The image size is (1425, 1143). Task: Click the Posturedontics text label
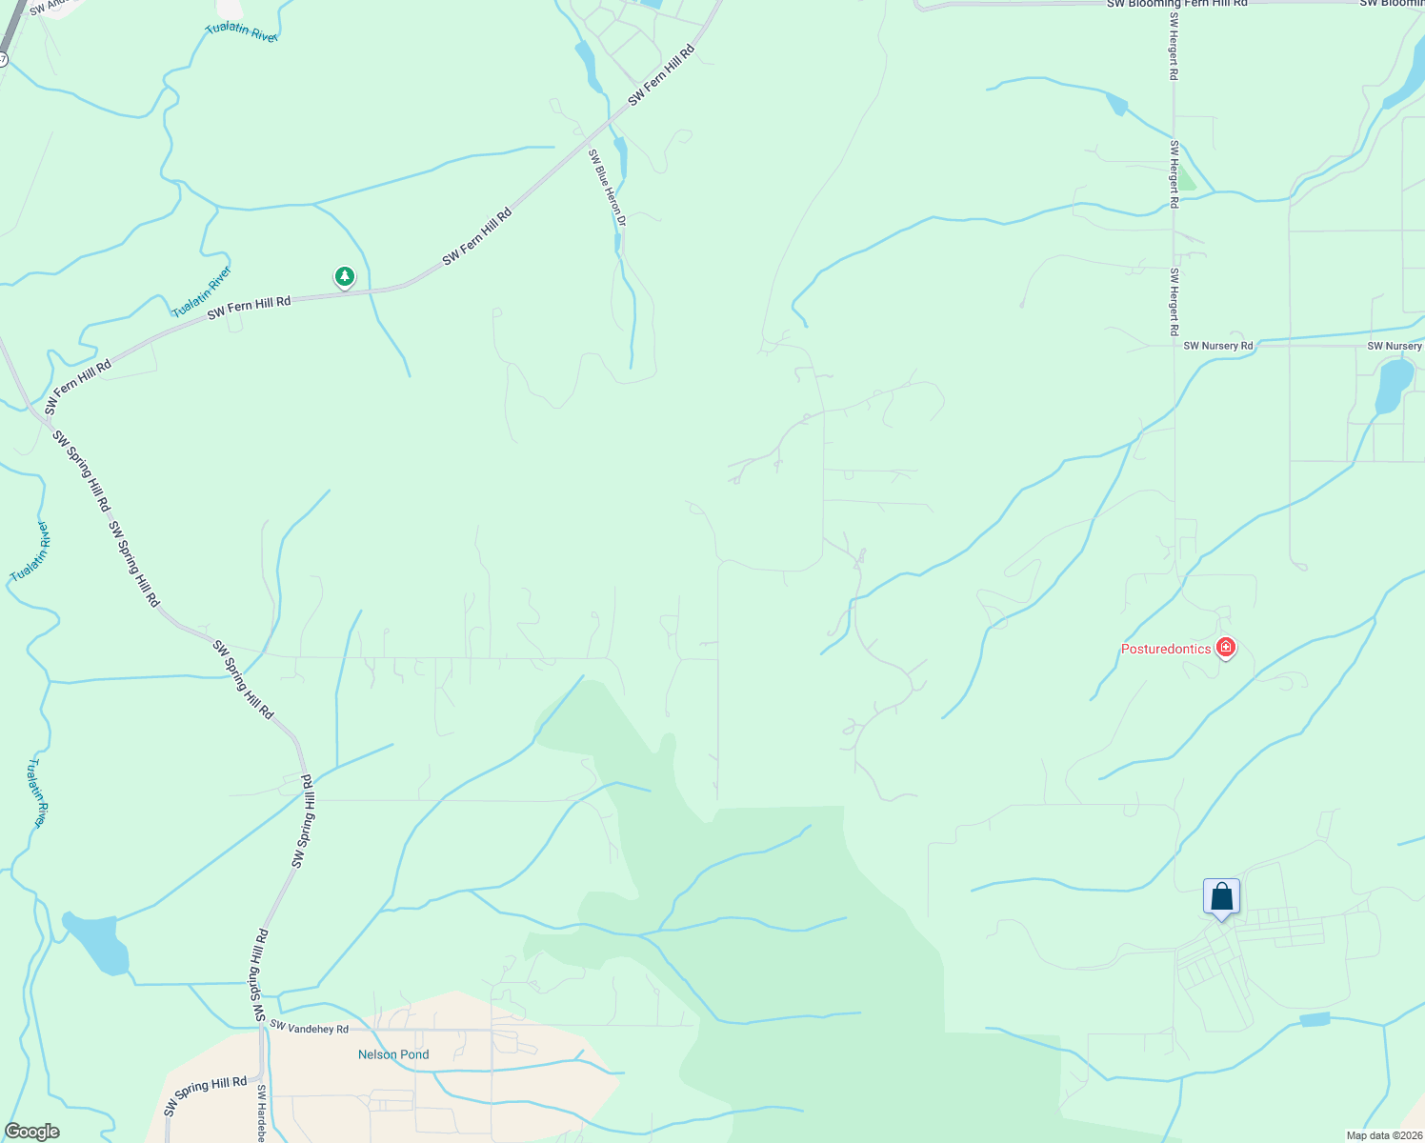pyautogui.click(x=1166, y=650)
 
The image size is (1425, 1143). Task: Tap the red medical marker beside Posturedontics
pyautogui.click(x=1226, y=649)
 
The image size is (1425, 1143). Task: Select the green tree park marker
pyautogui.click(x=345, y=277)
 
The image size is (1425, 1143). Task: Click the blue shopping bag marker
pyautogui.click(x=1221, y=897)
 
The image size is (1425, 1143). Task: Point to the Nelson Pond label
pyautogui.click(x=393, y=1054)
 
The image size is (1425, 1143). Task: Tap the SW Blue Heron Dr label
pyautogui.click(x=607, y=187)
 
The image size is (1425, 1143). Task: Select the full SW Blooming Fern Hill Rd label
pyautogui.click(x=1176, y=4)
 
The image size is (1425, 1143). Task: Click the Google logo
pyautogui.click(x=31, y=1132)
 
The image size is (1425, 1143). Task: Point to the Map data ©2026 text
pyautogui.click(x=1384, y=1135)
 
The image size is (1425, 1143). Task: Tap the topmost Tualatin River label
pyautogui.click(x=242, y=31)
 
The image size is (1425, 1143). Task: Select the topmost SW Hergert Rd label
pyautogui.click(x=1174, y=51)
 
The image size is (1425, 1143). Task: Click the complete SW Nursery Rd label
pyautogui.click(x=1218, y=346)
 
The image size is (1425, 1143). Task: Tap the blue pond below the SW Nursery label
pyautogui.click(x=1394, y=385)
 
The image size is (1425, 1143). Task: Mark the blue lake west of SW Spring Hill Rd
pyautogui.click(x=96, y=943)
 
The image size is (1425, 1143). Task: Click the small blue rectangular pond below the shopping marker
pyautogui.click(x=1315, y=1020)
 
